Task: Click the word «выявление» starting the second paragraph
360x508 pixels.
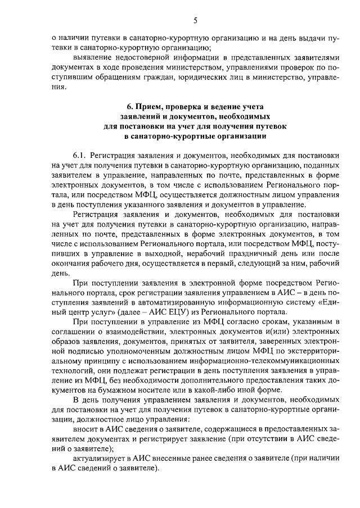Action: [x=92, y=58]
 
